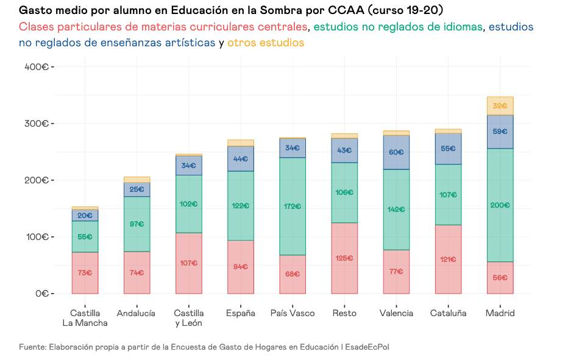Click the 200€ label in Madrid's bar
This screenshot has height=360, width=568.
tap(500, 205)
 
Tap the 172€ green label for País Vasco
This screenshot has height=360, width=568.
tap(293, 206)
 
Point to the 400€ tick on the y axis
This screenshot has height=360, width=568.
tap(37, 66)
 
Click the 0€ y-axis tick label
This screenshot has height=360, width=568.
tap(41, 294)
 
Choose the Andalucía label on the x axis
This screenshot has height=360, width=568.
tap(137, 313)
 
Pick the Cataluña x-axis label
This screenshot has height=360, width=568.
tap(448, 313)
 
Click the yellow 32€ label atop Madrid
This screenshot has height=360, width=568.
tap(500, 106)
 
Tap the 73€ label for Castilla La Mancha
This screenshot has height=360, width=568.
tap(85, 272)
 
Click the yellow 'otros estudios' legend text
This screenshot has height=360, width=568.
tap(266, 43)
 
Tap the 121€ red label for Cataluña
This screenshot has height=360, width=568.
tap(448, 259)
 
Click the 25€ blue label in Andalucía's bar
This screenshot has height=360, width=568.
tap(137, 189)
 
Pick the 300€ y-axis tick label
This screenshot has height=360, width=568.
tap(37, 124)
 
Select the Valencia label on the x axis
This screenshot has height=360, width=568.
tap(396, 313)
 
